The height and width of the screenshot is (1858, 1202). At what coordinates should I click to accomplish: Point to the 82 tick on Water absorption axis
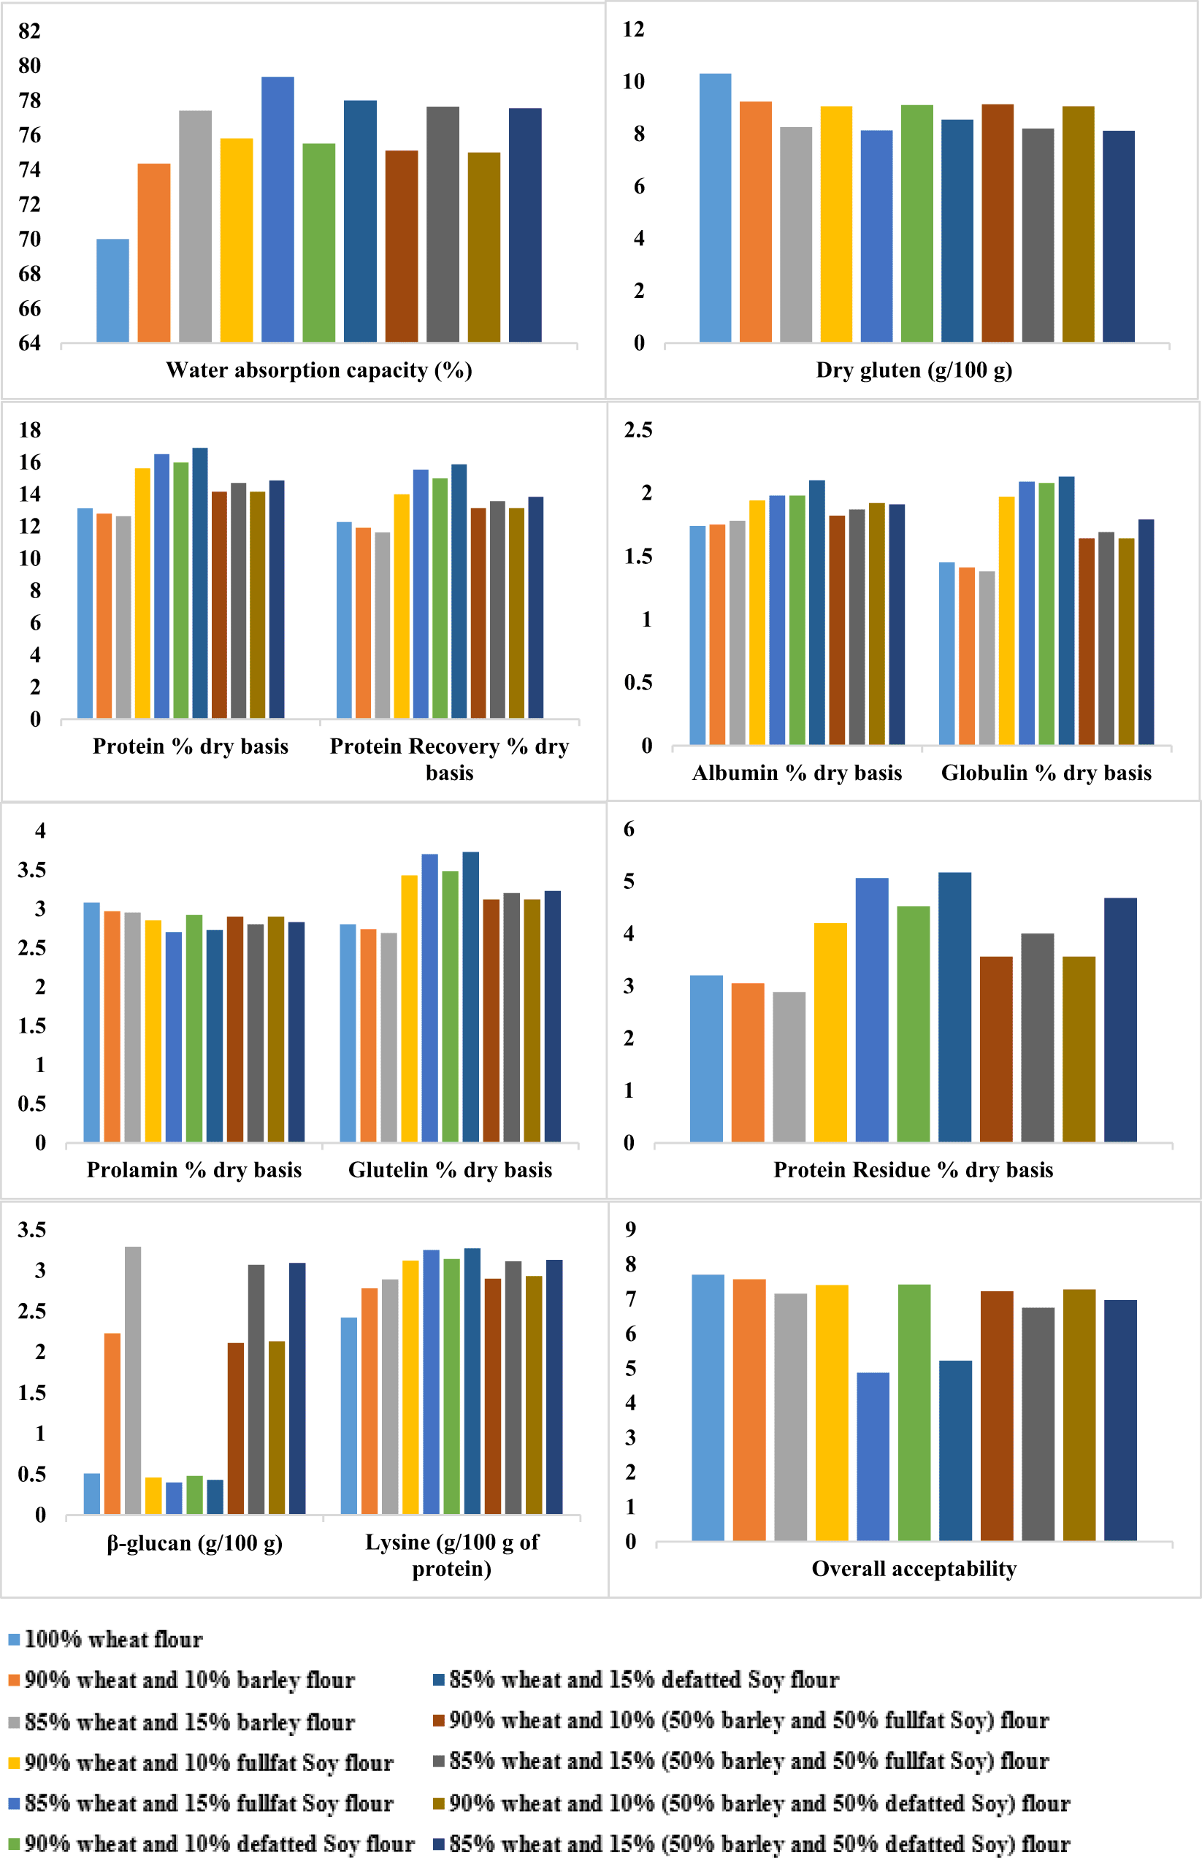(x=30, y=31)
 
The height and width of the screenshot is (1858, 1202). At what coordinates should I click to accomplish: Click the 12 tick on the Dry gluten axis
(x=633, y=30)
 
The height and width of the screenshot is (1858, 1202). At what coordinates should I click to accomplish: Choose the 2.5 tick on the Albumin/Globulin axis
(x=638, y=430)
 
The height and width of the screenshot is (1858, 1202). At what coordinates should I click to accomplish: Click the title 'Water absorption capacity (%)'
(x=318, y=370)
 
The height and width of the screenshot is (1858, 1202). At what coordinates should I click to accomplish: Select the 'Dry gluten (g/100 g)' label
(x=914, y=370)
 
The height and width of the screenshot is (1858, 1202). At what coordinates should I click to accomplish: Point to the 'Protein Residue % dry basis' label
(x=914, y=1169)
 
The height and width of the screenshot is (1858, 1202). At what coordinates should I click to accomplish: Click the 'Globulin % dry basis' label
(x=1046, y=773)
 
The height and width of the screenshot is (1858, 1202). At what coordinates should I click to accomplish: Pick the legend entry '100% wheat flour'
(x=113, y=1639)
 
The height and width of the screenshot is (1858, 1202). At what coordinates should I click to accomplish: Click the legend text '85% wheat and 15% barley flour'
(x=190, y=1721)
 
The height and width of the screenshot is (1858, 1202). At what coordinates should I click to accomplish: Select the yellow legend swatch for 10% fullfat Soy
(x=14, y=1763)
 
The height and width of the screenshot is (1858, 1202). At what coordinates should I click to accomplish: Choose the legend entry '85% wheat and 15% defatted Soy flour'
(x=644, y=1679)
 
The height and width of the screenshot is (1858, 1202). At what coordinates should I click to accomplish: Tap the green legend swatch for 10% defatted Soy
(x=14, y=1844)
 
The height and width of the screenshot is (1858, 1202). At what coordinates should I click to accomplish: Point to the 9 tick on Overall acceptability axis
(x=631, y=1230)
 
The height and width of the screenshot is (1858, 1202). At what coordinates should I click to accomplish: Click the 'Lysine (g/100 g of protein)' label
(x=452, y=1555)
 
